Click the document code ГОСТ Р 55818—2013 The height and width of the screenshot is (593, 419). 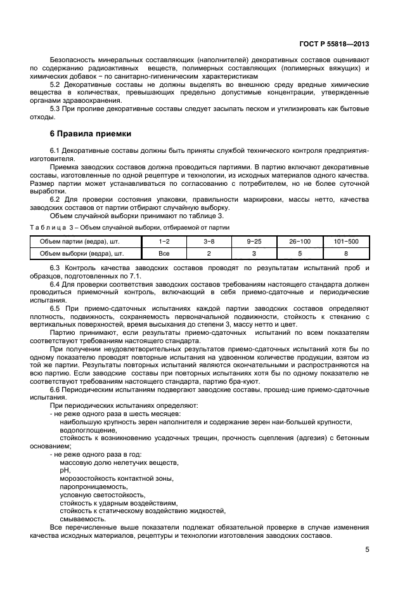334,44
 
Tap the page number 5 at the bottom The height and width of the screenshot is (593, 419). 367,550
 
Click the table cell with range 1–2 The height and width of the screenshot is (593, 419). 164,242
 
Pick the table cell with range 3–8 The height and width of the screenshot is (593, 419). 209,242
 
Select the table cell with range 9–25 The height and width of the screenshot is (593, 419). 254,242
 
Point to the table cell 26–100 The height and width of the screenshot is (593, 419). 299,242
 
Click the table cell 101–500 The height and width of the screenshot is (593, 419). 345,242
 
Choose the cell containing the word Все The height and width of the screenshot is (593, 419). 164,253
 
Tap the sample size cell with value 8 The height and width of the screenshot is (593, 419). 345,253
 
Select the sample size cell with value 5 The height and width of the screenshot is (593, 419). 299,253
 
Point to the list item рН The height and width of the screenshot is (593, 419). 64,471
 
